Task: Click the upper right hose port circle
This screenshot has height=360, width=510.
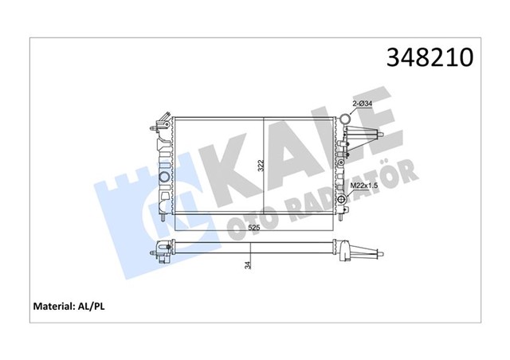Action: click(345, 120)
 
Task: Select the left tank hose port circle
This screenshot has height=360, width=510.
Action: click(164, 176)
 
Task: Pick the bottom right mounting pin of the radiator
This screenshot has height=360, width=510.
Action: click(343, 217)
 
